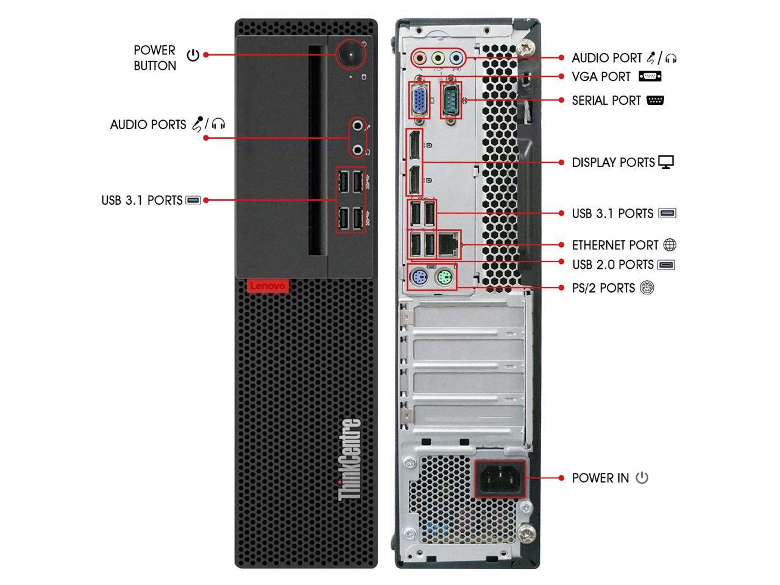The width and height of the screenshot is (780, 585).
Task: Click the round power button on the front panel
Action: coord(351,54)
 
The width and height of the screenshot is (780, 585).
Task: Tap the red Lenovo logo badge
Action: coord(268,286)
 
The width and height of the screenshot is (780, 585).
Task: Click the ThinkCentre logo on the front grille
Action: coord(349,459)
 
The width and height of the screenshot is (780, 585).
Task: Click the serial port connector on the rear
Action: coord(451,99)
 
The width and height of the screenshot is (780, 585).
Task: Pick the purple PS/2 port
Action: coord(417,278)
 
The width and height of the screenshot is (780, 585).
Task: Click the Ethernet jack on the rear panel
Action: coord(449,243)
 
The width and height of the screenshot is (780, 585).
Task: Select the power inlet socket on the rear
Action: coord(500,478)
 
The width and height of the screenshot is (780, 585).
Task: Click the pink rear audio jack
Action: coord(419,58)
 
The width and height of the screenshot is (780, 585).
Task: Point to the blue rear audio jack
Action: coord(455,58)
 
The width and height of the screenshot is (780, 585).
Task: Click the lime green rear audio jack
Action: coord(437,58)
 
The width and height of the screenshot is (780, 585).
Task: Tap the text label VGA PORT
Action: coord(601,77)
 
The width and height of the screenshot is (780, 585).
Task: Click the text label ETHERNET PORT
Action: coord(615,246)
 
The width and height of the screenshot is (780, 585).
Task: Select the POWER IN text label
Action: coord(600,478)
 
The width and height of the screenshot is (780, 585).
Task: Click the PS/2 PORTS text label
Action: coord(603,288)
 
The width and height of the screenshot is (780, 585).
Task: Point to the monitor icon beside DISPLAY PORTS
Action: coord(666,163)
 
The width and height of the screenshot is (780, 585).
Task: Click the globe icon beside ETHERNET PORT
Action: coord(670,245)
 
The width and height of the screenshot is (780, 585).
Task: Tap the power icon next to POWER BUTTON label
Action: coord(193,55)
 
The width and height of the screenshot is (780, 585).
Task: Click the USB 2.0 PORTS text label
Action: coord(612,265)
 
